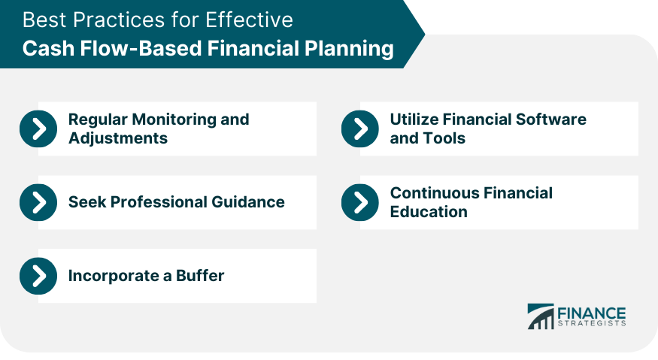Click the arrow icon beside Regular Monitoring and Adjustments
tap(38, 129)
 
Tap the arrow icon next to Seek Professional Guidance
tap(38, 202)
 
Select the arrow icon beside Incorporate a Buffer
tap(38, 276)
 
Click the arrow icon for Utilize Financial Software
tap(360, 129)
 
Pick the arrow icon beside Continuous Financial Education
tap(360, 202)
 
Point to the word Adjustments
tap(118, 138)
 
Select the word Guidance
tap(248, 202)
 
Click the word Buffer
tap(200, 276)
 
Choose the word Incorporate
tap(114, 276)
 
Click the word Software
tap(551, 119)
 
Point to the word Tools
tap(445, 138)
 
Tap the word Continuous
tap(435, 193)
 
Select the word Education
tap(429, 212)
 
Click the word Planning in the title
tap(349, 49)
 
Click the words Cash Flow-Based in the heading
tap(113, 48)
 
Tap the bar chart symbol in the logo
tap(541, 316)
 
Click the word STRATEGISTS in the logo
tap(592, 323)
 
